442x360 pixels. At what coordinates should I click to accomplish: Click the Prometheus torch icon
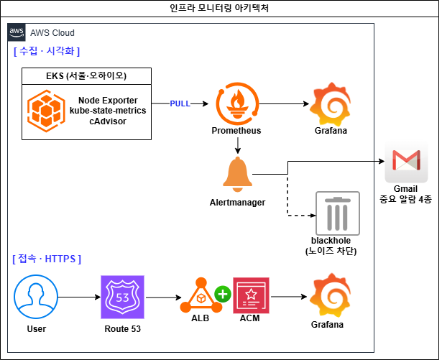pyautogui.click(x=237, y=103)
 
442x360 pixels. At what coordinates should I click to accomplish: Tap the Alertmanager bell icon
pyautogui.click(x=238, y=174)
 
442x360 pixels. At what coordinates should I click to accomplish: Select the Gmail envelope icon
pyautogui.click(x=406, y=162)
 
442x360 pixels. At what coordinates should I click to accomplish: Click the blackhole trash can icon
pyautogui.click(x=338, y=213)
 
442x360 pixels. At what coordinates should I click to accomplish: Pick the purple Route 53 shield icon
pyautogui.click(x=123, y=297)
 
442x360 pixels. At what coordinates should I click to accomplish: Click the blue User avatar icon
pyautogui.click(x=36, y=297)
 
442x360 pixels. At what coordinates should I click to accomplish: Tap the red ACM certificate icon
pyautogui.click(x=251, y=295)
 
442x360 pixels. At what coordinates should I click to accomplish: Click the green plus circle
pyautogui.click(x=223, y=294)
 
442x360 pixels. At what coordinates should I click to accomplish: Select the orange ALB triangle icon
pyautogui.click(x=201, y=295)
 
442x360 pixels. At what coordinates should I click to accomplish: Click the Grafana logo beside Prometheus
pyautogui.click(x=330, y=104)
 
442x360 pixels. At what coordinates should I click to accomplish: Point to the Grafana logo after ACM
pyautogui.click(x=330, y=295)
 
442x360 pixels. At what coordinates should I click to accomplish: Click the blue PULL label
pyautogui.click(x=180, y=103)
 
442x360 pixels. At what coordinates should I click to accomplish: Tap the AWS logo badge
pyautogui.click(x=17, y=32)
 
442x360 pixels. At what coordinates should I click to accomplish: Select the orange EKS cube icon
pyautogui.click(x=46, y=111)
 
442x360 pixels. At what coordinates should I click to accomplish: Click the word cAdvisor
pyautogui.click(x=108, y=121)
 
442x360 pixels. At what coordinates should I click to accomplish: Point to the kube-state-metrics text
pyautogui.click(x=108, y=111)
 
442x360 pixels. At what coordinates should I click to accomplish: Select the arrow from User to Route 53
pyautogui.click(x=80, y=297)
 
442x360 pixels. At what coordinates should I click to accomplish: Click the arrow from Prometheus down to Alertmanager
pyautogui.click(x=238, y=145)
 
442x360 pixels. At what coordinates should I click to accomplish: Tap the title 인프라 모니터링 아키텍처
pyautogui.click(x=219, y=8)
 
